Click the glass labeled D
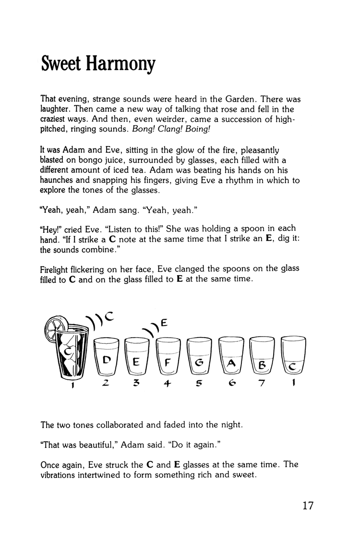pos(107,358)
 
